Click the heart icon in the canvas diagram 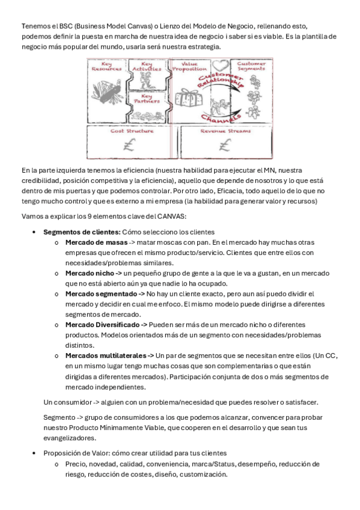pos(221,66)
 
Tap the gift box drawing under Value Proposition pos(189,98)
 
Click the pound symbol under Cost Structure pos(129,145)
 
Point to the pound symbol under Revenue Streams pos(225,145)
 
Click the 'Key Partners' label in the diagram pos(147,99)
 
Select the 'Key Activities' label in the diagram pos(147,66)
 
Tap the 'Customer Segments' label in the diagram pos(251,66)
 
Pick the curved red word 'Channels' pos(221,118)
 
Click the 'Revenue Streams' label pos(225,131)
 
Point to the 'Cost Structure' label pos(132,131)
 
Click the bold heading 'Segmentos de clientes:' pos(82,232)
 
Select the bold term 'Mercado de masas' pos(97,242)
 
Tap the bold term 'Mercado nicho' pos(90,273)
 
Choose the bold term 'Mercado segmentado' pos(101,293)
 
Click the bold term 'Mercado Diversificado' pos(102,325)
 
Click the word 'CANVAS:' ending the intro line pos(173,217)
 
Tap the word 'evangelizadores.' pos(70,438)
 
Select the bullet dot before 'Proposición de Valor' pos(34,453)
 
